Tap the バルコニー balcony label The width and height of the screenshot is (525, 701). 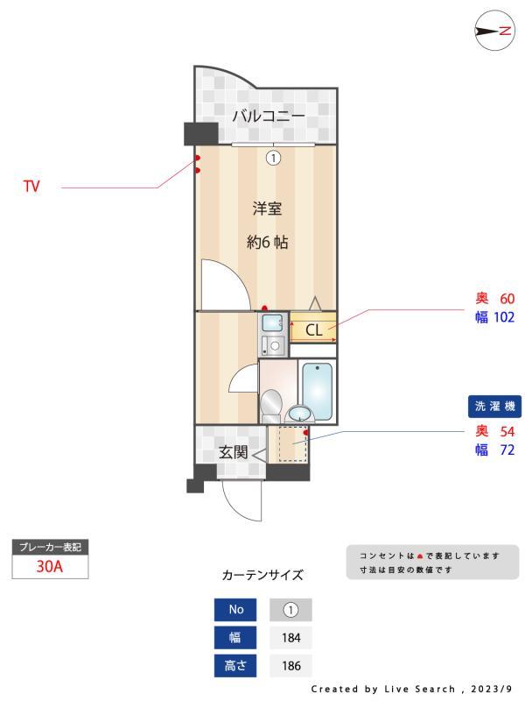tap(268, 116)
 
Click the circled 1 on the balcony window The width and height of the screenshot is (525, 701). tap(273, 158)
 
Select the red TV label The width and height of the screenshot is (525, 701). tap(31, 187)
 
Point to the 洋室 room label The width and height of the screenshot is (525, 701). tap(267, 209)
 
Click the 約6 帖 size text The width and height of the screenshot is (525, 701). tap(267, 243)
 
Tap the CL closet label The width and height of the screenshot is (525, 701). tap(313, 330)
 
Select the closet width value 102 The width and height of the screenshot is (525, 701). tap(502, 317)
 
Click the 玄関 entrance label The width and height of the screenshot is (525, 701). tap(233, 453)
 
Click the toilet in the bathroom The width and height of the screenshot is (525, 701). tap(271, 404)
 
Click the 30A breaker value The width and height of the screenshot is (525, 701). tap(50, 566)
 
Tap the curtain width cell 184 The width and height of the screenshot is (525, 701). tap(290, 637)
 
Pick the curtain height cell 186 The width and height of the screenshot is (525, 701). tap(290, 665)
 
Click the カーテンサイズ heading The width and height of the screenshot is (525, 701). tap(262, 576)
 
